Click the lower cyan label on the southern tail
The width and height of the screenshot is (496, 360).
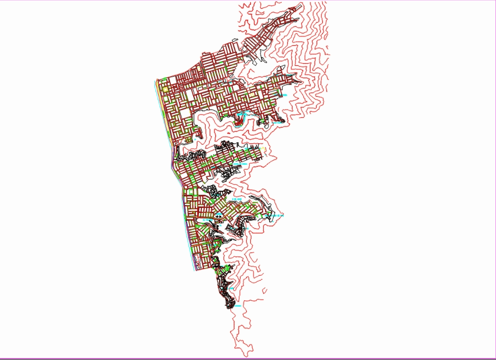click(x=237, y=306)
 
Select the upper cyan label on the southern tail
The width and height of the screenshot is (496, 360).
click(x=231, y=289)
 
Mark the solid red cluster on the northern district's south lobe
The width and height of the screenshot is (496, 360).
click(x=238, y=122)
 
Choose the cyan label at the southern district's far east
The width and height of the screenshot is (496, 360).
click(x=279, y=216)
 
